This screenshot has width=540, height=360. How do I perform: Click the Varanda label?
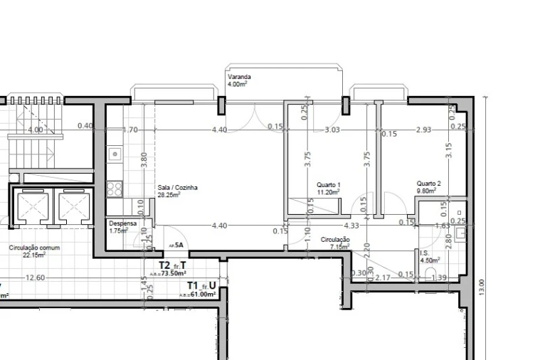[238, 77]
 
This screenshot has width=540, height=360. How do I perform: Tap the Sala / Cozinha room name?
[177, 188]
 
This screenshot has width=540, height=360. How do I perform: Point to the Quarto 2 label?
[429, 183]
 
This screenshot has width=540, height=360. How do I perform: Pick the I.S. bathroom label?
[424, 253]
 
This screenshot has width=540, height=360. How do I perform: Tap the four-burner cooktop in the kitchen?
[114, 189]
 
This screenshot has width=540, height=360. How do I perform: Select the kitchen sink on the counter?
[114, 153]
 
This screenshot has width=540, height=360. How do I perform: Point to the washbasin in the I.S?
[460, 213]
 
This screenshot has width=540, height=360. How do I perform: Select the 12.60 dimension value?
[35, 277]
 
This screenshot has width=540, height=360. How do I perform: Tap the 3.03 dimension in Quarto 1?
[332, 129]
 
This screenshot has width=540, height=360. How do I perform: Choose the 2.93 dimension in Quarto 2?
[424, 129]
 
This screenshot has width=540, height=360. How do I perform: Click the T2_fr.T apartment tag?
[172, 266]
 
